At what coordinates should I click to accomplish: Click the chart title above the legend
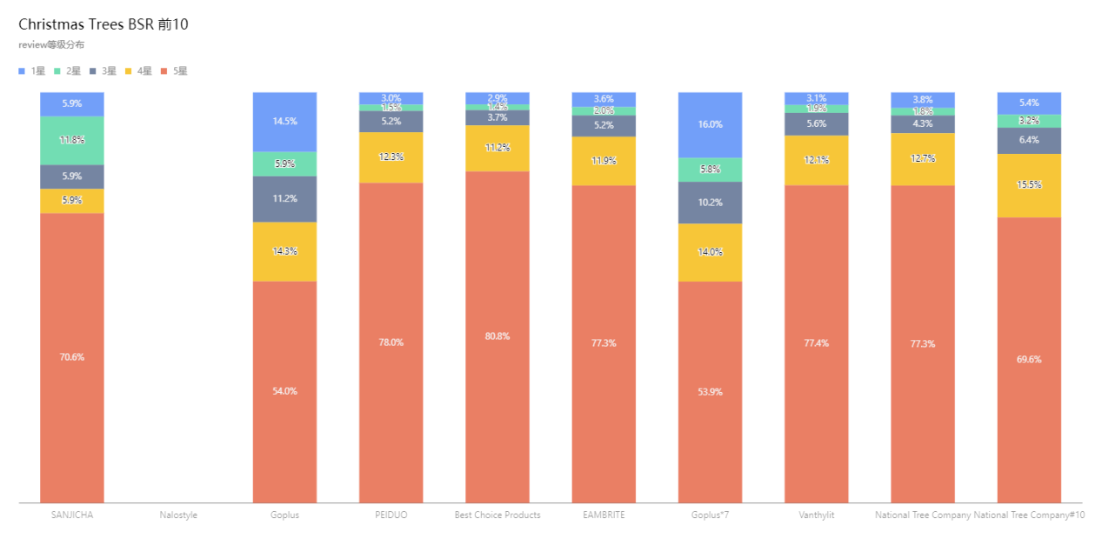[51, 44]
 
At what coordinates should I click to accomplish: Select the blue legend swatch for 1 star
[22, 71]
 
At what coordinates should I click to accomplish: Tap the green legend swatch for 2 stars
[57, 71]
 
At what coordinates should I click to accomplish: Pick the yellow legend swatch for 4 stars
[129, 71]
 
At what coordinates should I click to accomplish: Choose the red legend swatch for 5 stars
[164, 71]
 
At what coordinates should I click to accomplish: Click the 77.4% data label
[816, 343]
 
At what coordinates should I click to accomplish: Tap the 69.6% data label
[1029, 359]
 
